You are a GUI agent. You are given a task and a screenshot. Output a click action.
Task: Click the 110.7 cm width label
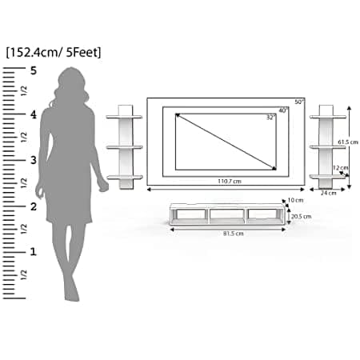tap(230, 182)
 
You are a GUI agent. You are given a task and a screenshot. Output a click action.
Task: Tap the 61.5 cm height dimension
tap(348, 142)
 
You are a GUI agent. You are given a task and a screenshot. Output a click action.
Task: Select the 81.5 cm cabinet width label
tap(234, 234)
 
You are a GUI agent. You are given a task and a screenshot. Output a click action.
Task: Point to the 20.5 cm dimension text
tap(301, 216)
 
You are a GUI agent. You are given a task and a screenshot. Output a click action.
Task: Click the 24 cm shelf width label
tap(328, 193)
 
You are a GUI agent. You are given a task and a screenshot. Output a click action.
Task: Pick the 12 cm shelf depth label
tap(341, 168)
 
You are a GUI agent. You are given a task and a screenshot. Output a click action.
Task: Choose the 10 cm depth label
tap(295, 200)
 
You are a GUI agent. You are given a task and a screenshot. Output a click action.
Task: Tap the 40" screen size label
tap(283, 110)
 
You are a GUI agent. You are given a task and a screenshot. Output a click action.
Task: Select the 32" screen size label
tap(271, 118)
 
